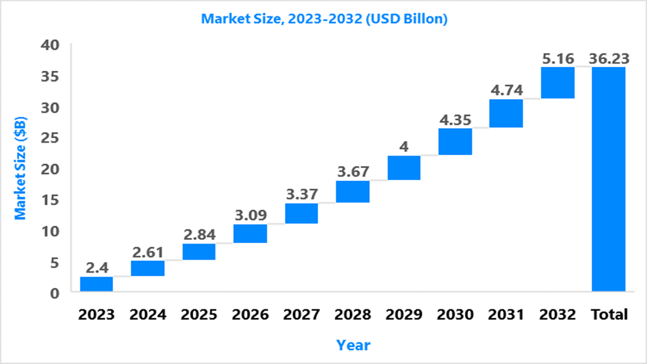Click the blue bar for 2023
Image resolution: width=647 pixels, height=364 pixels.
click(97, 284)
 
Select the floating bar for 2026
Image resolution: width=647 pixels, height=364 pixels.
click(250, 234)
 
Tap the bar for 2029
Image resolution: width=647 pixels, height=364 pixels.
click(404, 168)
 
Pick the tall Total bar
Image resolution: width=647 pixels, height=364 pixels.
click(609, 179)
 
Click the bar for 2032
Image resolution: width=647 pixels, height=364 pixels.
click(558, 83)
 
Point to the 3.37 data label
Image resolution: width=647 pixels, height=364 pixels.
click(302, 194)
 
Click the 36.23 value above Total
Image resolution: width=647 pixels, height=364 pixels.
click(609, 58)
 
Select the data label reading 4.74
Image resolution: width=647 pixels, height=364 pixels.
click(506, 90)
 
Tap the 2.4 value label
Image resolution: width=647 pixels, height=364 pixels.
click(97, 268)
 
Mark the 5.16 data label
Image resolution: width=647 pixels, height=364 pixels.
click(558, 58)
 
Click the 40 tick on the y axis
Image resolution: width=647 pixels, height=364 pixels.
click(50, 45)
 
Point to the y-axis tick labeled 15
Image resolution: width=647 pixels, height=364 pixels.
click(50, 200)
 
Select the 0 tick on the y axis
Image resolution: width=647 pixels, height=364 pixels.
click(55, 294)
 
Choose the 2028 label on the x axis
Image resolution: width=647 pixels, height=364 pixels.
click(353, 315)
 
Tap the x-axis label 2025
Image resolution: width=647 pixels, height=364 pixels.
click(199, 315)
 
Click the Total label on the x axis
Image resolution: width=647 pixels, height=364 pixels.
click(609, 315)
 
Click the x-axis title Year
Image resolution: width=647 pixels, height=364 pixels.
click(353, 345)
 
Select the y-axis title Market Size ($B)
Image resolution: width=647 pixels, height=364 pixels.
click(20, 168)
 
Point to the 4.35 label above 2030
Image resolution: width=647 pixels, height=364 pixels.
click(455, 120)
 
